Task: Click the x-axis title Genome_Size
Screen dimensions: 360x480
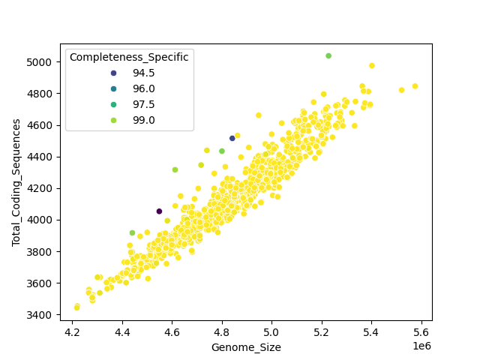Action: click(x=245, y=347)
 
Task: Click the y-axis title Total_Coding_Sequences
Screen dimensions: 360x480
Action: click(x=16, y=182)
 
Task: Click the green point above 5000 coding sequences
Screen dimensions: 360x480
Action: click(x=328, y=56)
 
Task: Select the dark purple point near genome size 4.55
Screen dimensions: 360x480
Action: click(x=159, y=211)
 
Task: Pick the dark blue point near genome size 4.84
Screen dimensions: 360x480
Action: click(x=232, y=138)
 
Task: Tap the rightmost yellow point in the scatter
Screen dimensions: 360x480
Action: click(x=415, y=86)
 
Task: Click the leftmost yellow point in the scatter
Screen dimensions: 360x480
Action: click(x=76, y=307)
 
